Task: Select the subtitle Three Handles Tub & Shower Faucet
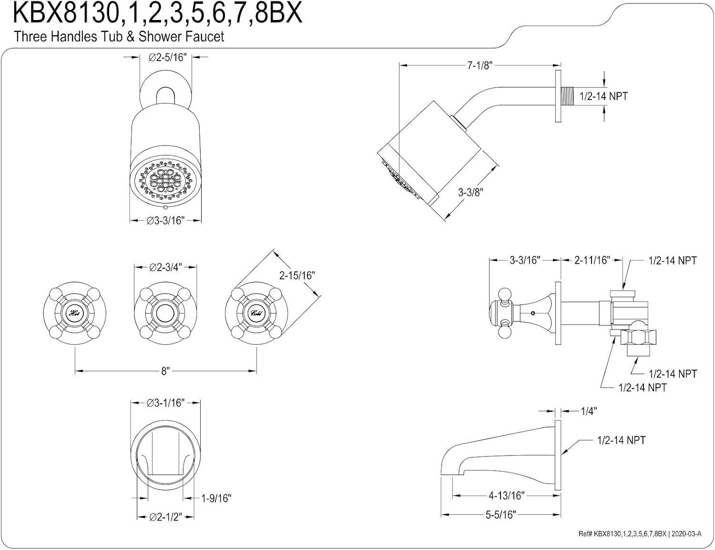click(x=119, y=36)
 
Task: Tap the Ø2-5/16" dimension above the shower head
click(x=166, y=57)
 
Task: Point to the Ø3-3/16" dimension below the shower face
click(x=165, y=221)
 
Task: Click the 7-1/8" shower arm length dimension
click(x=479, y=65)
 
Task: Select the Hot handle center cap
click(x=75, y=313)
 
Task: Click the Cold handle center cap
click(x=256, y=313)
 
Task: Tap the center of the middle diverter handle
click(x=166, y=313)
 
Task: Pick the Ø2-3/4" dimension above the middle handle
click(x=165, y=267)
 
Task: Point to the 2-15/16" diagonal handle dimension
click(x=297, y=275)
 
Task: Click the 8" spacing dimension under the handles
click(x=165, y=371)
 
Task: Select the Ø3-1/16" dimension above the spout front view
click(x=165, y=403)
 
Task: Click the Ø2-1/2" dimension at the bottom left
click(x=165, y=517)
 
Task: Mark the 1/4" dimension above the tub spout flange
click(x=589, y=411)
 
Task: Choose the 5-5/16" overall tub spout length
click(x=500, y=515)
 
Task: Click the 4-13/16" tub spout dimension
click(x=506, y=496)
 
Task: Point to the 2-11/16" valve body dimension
click(x=592, y=260)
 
